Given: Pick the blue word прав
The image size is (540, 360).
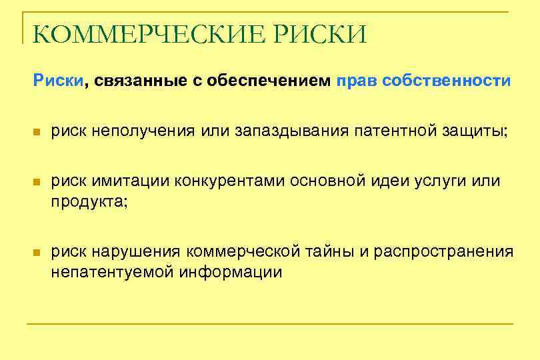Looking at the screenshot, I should tap(357, 81).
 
